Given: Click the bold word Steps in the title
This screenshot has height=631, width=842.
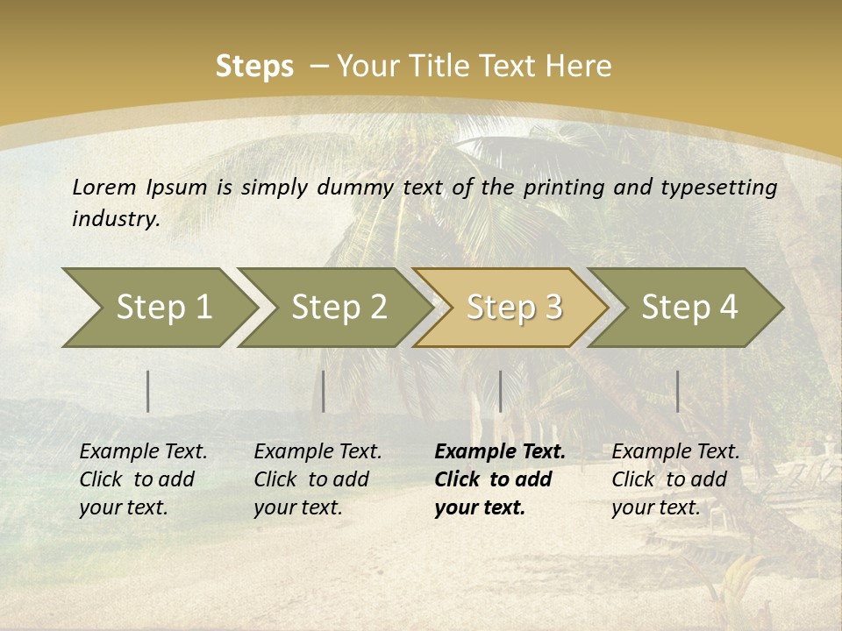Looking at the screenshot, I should (x=254, y=67).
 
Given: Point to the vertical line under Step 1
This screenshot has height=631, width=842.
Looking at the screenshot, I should (x=148, y=391).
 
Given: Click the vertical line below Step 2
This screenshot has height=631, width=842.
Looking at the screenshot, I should (x=324, y=391).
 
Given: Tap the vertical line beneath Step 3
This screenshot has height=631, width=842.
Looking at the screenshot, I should (x=500, y=391).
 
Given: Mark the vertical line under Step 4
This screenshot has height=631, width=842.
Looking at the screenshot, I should (x=678, y=391).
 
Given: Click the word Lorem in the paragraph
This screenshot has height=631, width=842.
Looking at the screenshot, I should (x=104, y=188).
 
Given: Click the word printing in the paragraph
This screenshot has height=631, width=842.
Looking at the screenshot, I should (x=561, y=188).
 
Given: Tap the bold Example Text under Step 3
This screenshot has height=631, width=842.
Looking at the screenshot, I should (x=500, y=452).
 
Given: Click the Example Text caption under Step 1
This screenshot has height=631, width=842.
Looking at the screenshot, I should (x=143, y=452).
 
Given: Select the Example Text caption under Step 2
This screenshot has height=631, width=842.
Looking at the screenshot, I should (x=318, y=452).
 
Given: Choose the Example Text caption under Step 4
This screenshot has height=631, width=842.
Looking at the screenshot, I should (x=675, y=452).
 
